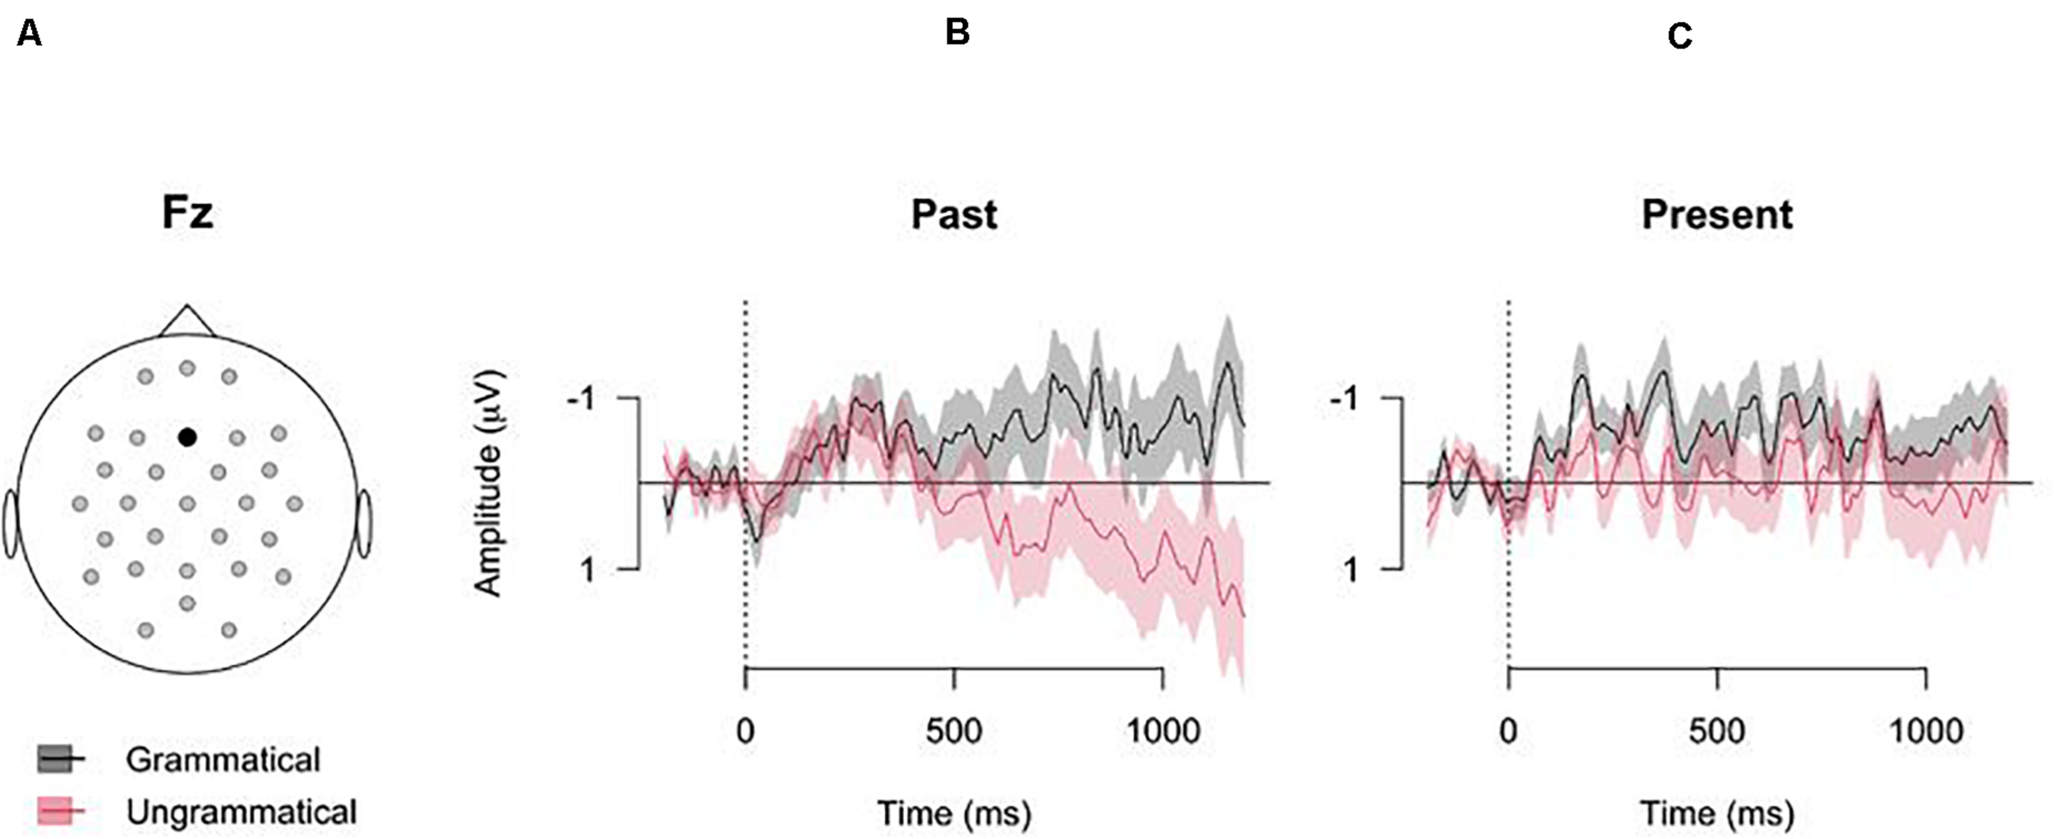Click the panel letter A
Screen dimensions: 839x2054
tap(29, 34)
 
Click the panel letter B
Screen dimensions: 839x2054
tap(957, 33)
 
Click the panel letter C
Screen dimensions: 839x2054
tap(1679, 36)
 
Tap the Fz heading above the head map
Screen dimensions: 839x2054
tap(187, 213)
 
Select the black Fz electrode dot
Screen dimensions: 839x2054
tap(187, 438)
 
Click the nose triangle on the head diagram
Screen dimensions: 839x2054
tap(187, 323)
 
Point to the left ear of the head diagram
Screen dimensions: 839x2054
tap(11, 524)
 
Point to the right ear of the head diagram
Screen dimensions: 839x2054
tap(363, 524)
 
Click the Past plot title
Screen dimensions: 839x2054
tap(954, 215)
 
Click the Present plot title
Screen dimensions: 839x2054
tap(1716, 215)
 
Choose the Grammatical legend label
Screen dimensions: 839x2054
tap(223, 760)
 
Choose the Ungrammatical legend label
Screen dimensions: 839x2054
tap(242, 812)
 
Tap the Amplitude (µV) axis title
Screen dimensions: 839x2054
tap(490, 483)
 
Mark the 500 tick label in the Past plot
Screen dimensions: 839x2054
tap(953, 731)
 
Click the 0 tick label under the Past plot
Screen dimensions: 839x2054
tap(744, 731)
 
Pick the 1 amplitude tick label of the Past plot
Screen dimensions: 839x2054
tap(587, 569)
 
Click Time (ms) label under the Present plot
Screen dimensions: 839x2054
tap(1717, 814)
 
